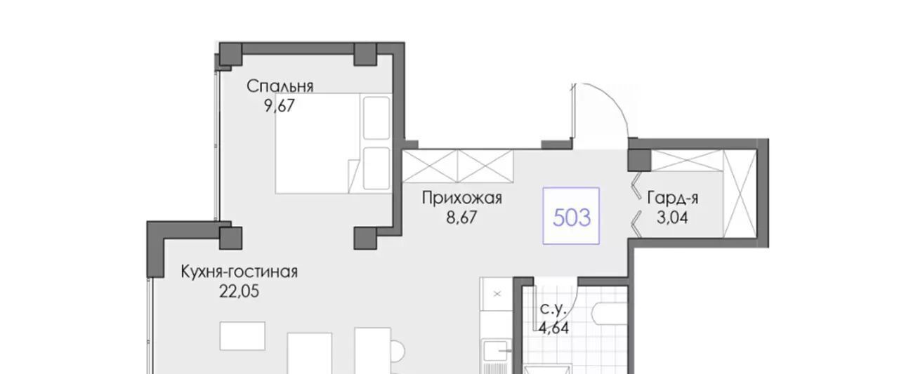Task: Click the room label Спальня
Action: pyautogui.click(x=280, y=86)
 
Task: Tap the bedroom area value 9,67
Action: pyautogui.click(x=280, y=106)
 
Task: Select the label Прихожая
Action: pyautogui.click(x=462, y=198)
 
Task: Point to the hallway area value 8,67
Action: pyautogui.click(x=461, y=218)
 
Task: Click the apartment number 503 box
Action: pyautogui.click(x=571, y=216)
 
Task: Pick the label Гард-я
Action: pyautogui.click(x=673, y=198)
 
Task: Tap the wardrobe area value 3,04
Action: pyautogui.click(x=672, y=218)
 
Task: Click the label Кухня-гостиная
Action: pyautogui.click(x=239, y=272)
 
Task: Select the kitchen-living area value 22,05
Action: pyautogui.click(x=239, y=291)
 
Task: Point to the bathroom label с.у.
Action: pyautogui.click(x=553, y=309)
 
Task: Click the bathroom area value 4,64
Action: pyautogui.click(x=553, y=328)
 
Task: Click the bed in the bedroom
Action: pyautogui.click(x=334, y=144)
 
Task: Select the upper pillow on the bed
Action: pyautogui.click(x=376, y=119)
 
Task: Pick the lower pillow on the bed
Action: pyautogui.click(x=376, y=168)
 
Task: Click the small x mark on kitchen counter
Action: pyautogui.click(x=497, y=294)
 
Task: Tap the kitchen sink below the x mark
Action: pyautogui.click(x=497, y=351)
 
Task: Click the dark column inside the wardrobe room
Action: pyautogui.click(x=639, y=161)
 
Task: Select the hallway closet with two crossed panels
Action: pyautogui.click(x=458, y=166)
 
